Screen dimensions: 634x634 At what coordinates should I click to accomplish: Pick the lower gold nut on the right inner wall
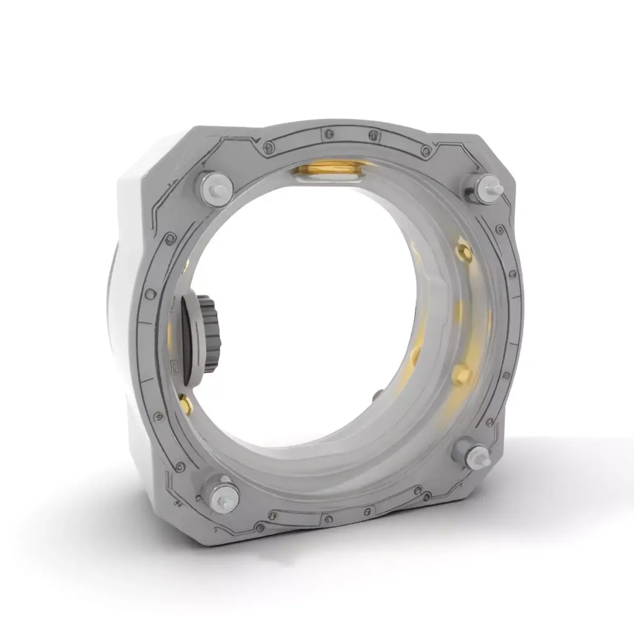461,370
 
